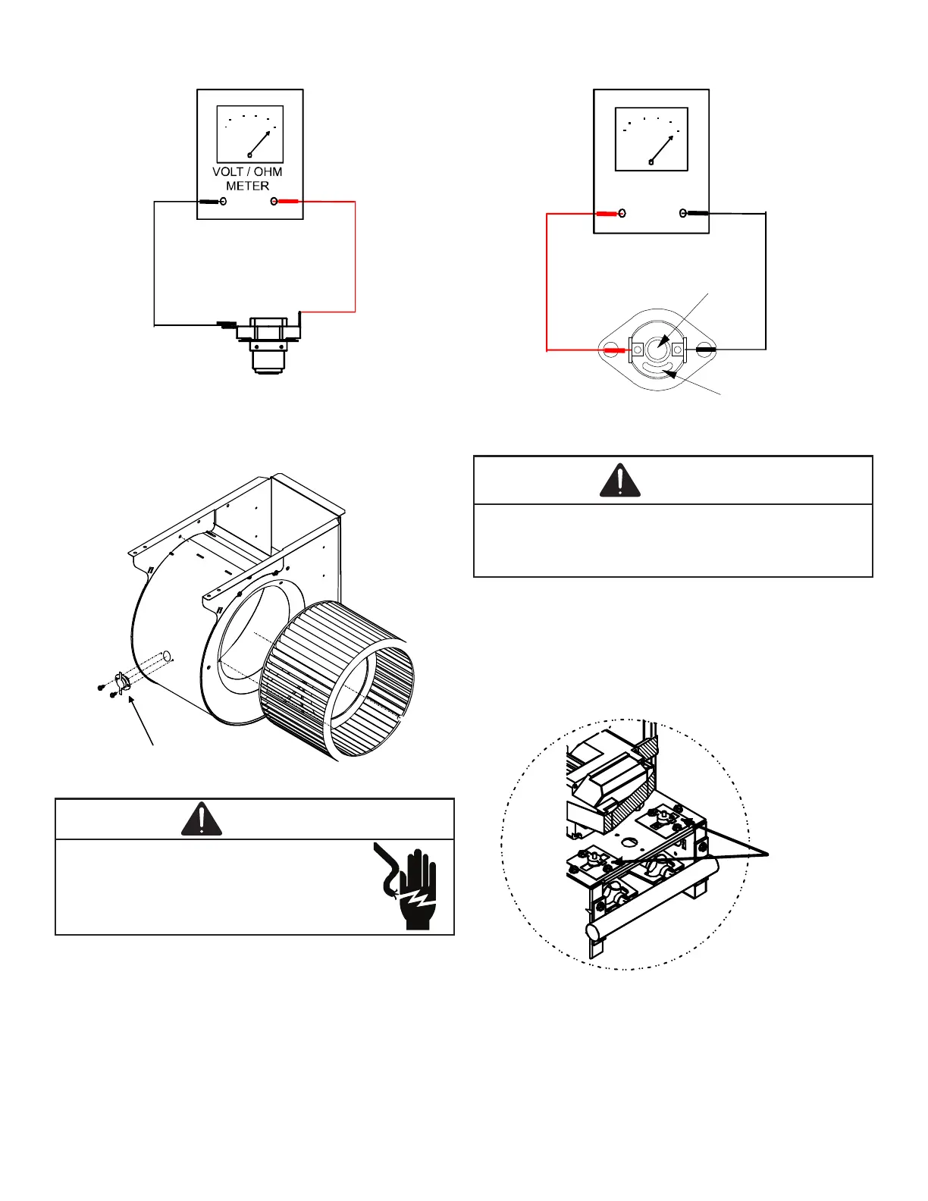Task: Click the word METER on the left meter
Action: [247, 186]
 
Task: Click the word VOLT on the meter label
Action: [227, 172]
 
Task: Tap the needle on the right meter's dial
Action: [662, 149]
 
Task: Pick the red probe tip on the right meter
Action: [607, 214]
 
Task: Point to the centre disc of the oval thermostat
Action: [657, 348]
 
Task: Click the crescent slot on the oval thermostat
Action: [657, 370]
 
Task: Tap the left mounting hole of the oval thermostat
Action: [610, 350]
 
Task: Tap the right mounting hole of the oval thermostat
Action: [704, 350]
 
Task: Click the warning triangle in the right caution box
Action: [620, 481]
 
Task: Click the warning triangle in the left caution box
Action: [202, 820]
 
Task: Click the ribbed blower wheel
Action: [337, 679]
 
